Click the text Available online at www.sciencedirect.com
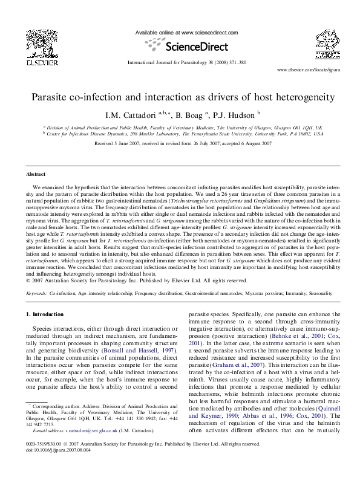pyautogui.click(x=186, y=33)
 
